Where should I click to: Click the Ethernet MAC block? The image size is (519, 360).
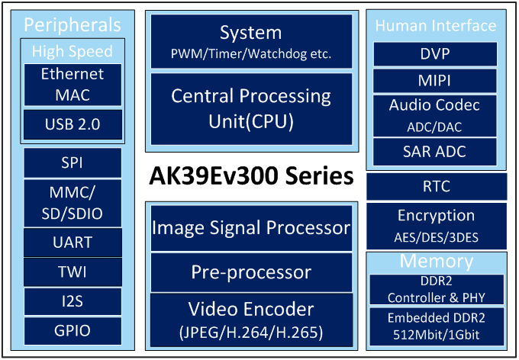pos(73,85)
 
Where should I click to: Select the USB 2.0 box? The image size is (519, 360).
pos(73,124)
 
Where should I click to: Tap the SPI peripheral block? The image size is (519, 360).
pos(73,162)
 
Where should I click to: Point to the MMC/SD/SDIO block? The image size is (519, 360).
pos(73,203)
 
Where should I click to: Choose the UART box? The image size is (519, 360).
pos(73,243)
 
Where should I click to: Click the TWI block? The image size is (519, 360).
pos(73,272)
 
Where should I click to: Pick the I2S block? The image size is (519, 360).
pos(73,301)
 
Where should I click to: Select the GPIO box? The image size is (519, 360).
pos(73,331)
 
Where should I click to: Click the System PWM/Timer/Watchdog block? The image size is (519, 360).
pos(252,41)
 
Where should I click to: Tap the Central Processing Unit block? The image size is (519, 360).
pos(252,109)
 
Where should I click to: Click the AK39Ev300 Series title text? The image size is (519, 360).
pos(251,175)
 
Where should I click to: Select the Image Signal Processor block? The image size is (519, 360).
pos(252,228)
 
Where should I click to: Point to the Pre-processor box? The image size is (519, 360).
pos(252,272)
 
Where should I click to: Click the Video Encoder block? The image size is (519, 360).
pos(252,320)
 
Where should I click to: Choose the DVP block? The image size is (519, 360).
pos(435,54)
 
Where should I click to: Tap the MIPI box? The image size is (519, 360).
pos(435,81)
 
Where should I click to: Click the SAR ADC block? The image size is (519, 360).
pos(435,152)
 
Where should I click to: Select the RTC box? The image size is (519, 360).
pos(437,187)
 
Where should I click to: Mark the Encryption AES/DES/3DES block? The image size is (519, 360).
pos(437,226)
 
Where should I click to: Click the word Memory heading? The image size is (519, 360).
pos(437,262)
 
